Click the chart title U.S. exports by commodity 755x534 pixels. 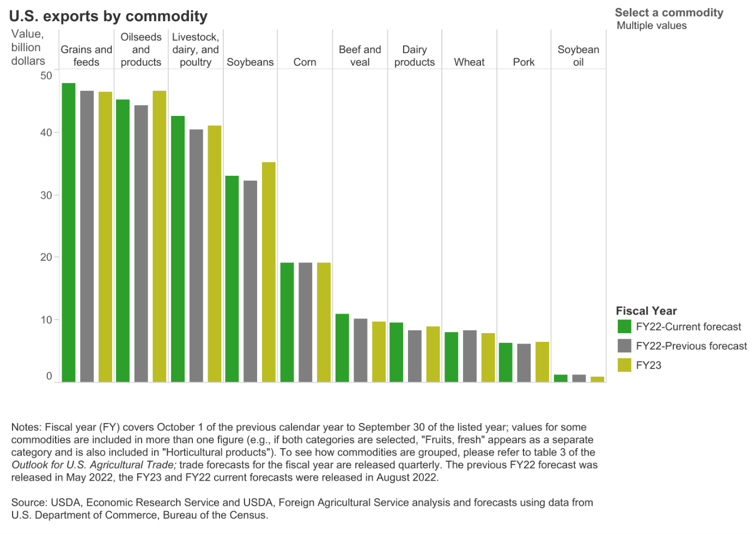[x=108, y=16]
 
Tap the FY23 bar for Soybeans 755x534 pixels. [x=269, y=272]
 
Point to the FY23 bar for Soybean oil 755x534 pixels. [x=597, y=379]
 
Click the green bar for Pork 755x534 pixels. [x=506, y=362]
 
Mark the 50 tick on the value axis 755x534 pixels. [x=46, y=75]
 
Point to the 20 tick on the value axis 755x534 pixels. [x=46, y=257]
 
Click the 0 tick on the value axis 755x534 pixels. [x=49, y=376]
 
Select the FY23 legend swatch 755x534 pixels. [x=624, y=365]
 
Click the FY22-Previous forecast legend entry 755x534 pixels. [x=691, y=346]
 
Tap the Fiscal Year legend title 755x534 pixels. [x=646, y=311]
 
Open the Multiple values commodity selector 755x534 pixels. [x=652, y=26]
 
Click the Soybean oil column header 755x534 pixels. [x=578, y=56]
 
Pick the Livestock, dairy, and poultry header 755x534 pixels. [x=196, y=50]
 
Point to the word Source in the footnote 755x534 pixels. [x=28, y=502]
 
